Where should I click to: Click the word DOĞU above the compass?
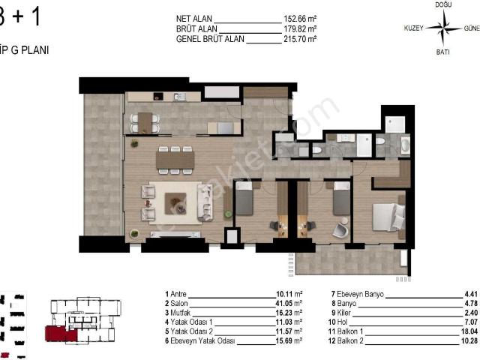443,5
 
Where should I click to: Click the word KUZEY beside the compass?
414,28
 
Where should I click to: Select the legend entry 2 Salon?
178,303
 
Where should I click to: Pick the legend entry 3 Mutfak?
179,312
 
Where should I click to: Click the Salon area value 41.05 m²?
289,303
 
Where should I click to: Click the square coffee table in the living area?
176,199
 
